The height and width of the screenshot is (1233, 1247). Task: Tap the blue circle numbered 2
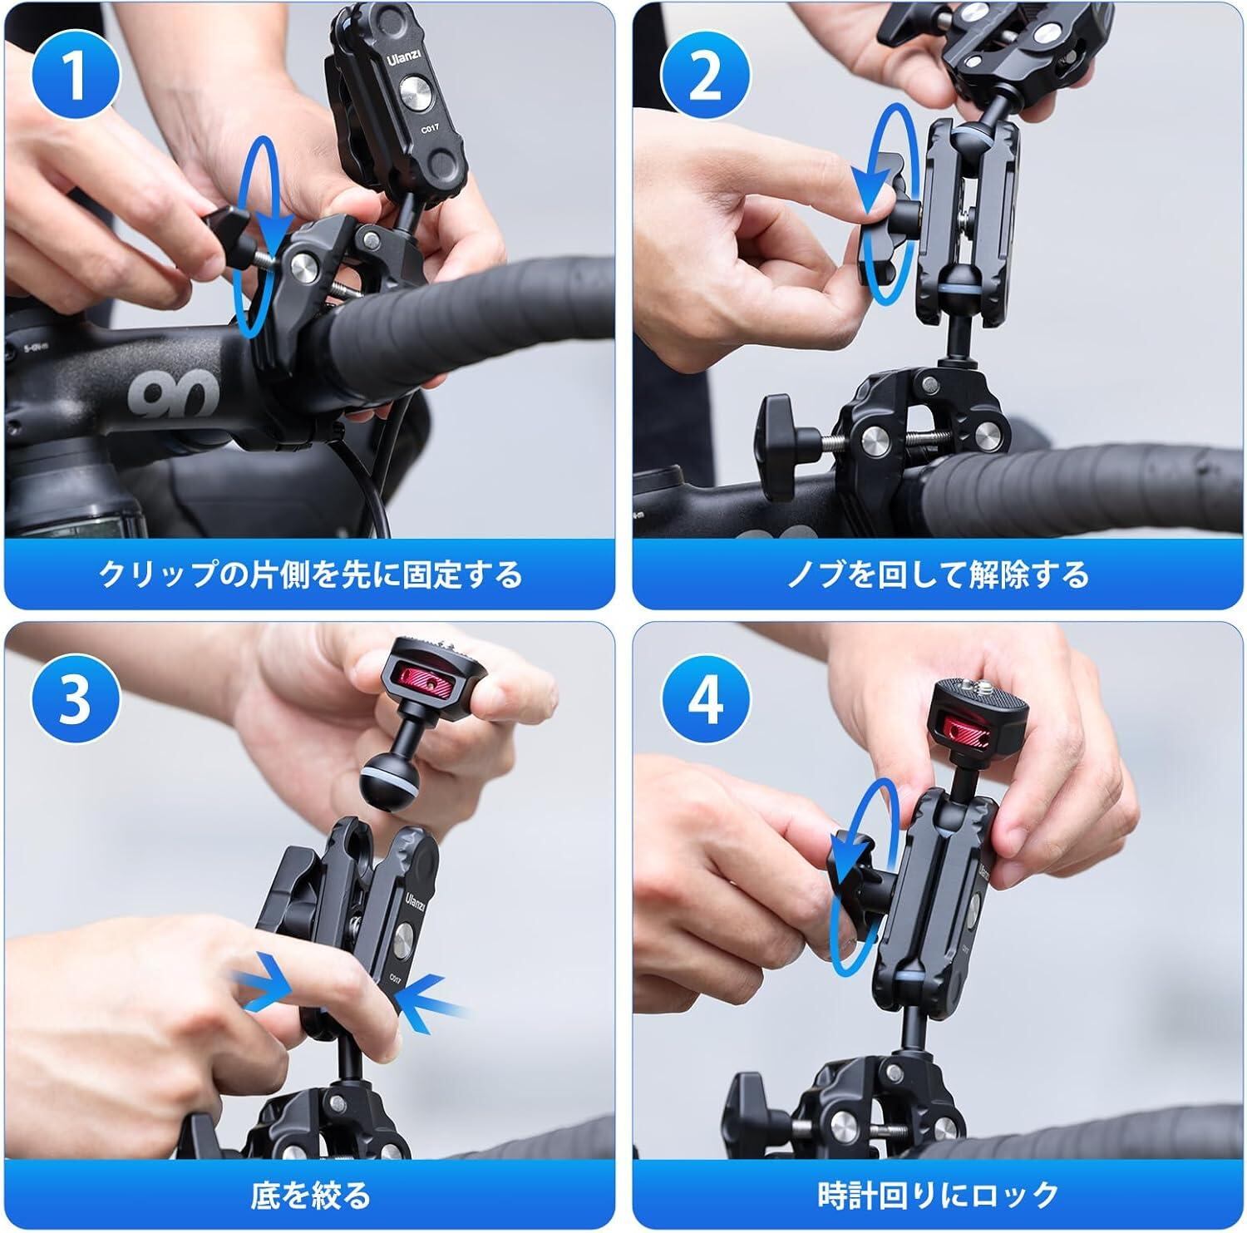704,76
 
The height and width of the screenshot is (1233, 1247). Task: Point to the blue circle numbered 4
704,700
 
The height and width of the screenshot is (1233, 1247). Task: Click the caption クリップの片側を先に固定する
310,575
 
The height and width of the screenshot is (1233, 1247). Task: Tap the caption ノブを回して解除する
939,575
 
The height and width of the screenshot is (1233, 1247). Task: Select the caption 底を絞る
310,1195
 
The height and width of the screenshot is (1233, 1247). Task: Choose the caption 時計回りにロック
939,1195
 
